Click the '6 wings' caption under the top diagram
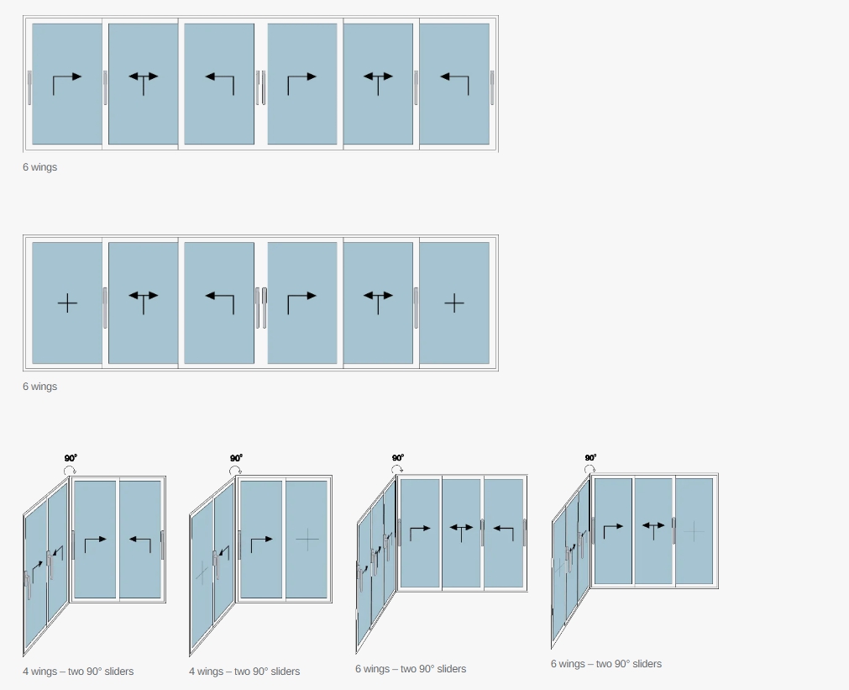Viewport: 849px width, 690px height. point(39,167)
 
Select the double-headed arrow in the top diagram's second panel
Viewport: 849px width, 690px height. point(143,77)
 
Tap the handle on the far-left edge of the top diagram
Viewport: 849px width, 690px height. point(29,87)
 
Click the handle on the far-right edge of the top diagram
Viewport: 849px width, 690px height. point(492,87)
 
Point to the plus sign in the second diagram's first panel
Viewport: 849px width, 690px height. point(67,303)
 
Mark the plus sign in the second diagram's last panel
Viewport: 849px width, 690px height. point(453,303)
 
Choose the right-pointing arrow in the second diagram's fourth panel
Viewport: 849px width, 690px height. point(302,297)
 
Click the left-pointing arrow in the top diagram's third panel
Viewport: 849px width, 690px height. point(219,78)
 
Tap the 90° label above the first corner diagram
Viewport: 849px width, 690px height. point(71,458)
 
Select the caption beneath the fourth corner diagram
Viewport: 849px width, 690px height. point(605,664)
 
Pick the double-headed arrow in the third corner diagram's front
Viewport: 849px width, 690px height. point(461,529)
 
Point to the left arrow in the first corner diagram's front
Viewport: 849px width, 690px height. point(140,540)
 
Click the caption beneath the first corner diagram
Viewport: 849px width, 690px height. point(78,672)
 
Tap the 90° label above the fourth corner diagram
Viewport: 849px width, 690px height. point(590,458)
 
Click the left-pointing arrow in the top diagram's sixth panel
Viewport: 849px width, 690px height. point(454,78)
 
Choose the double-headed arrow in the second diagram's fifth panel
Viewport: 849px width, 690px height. point(378,297)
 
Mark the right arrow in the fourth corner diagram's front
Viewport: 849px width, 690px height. point(613,527)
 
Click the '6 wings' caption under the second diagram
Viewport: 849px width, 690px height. point(39,387)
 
